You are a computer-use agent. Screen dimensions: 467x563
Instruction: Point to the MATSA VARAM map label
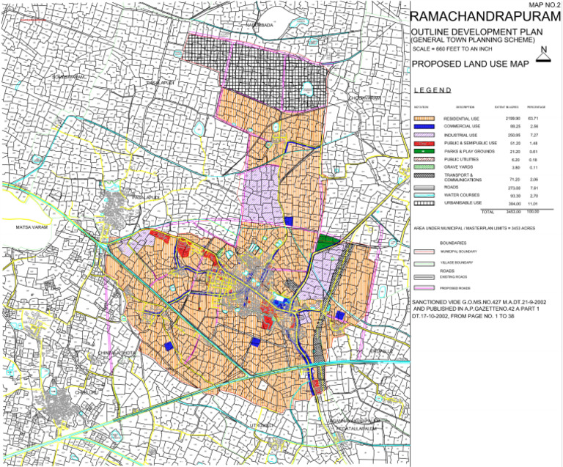(x=29, y=228)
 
